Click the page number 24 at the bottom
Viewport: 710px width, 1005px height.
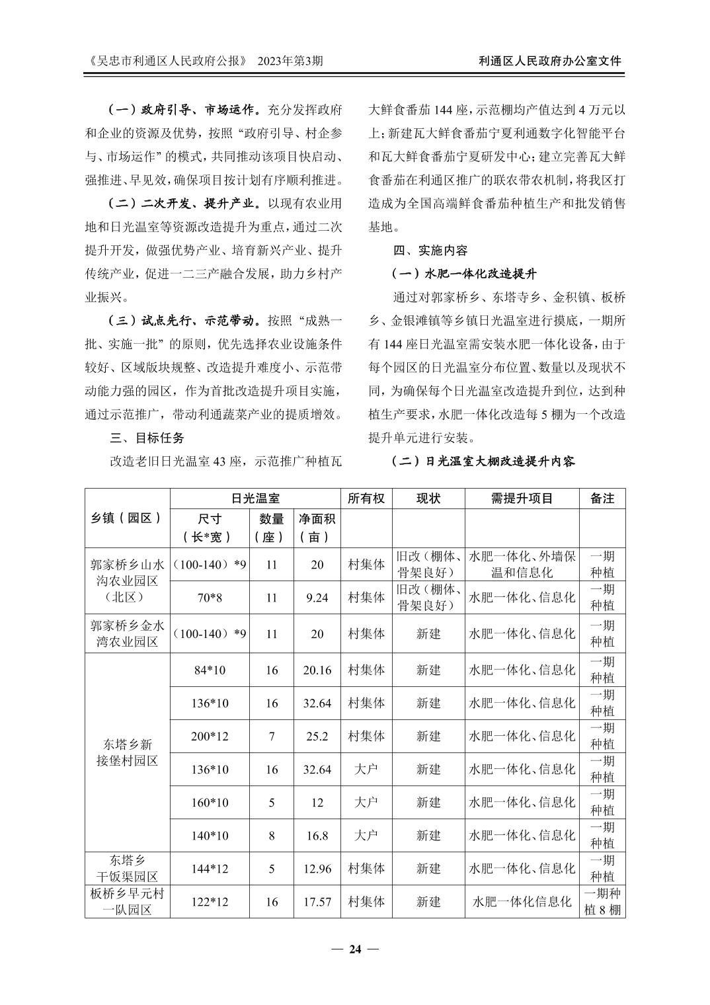[x=355, y=949]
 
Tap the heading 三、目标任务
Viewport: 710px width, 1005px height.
[x=147, y=438]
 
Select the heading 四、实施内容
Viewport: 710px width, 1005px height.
[x=430, y=251]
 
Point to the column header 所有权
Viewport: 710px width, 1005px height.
[x=366, y=499]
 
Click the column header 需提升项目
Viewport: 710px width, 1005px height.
[x=522, y=499]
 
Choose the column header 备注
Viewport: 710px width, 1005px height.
[x=602, y=499]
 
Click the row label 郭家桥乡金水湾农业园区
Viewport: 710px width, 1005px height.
[x=128, y=633]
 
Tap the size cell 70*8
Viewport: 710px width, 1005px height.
[x=209, y=598]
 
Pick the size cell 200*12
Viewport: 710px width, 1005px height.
[x=210, y=736]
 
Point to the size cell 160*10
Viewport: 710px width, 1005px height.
[x=210, y=802]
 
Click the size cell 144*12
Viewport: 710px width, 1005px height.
[x=210, y=868]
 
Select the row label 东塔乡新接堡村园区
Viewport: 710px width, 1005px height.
[x=128, y=752]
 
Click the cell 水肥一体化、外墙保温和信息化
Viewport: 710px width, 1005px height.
[x=522, y=564]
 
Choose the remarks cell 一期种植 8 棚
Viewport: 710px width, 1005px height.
[x=602, y=901]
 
